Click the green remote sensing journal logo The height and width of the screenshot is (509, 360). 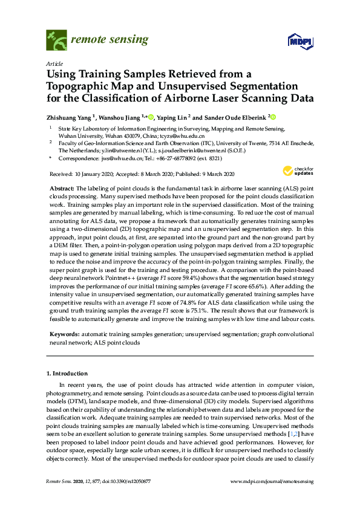click(x=56, y=41)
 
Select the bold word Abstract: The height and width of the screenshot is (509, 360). click(x=62, y=189)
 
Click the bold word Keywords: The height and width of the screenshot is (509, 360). click(x=64, y=334)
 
